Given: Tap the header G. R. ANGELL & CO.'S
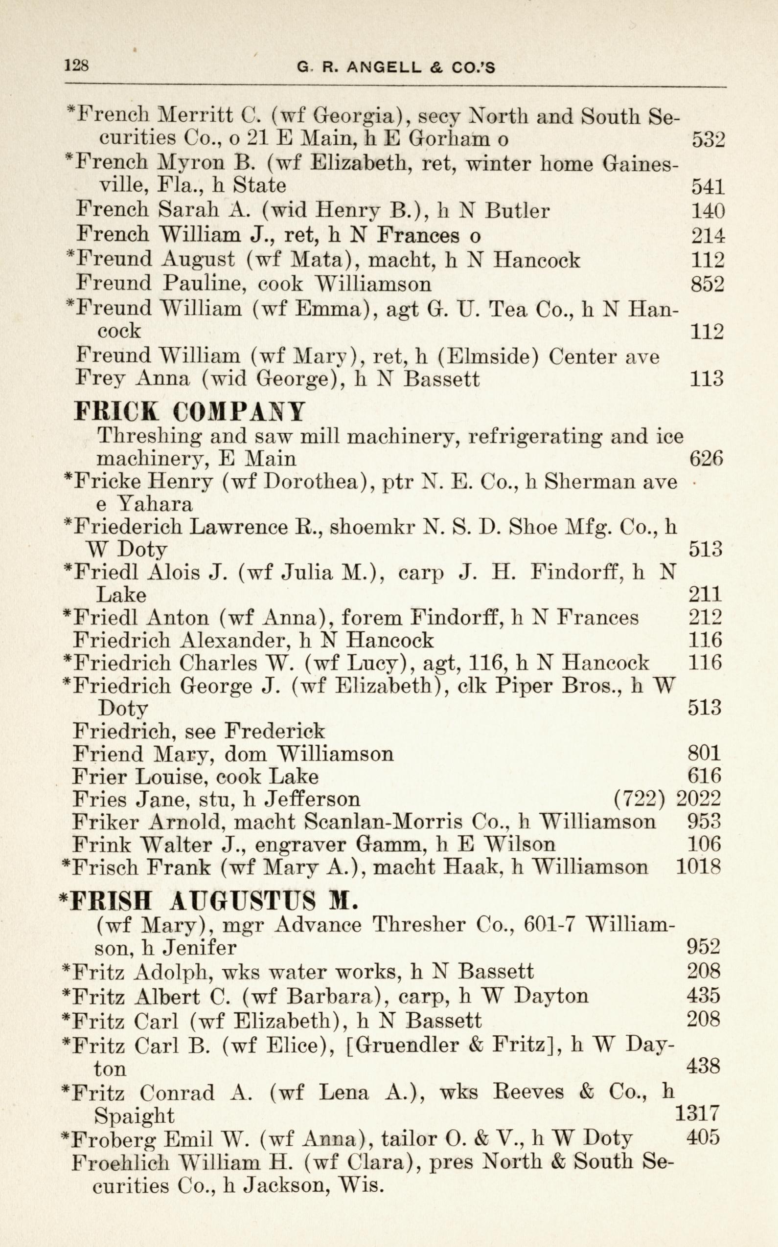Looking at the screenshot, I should pos(396,67).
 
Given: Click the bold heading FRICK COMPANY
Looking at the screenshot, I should pos(189,411).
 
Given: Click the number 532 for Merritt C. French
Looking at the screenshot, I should pos(708,139).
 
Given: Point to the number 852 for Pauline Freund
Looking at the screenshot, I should pos(708,284).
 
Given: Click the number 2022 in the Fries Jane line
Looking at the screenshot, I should pos(698,799).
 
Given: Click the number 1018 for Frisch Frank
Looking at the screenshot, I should pos(698,867).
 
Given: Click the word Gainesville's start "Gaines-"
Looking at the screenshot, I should pos(641,163).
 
